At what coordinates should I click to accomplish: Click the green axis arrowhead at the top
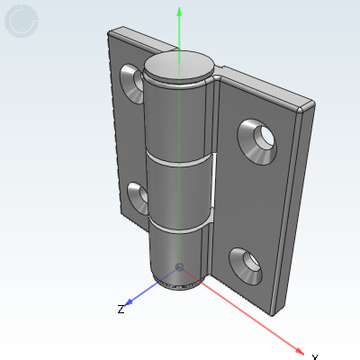pos(180,13)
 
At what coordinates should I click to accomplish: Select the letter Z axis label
pos(120,310)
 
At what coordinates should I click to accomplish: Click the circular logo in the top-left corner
pos(22,22)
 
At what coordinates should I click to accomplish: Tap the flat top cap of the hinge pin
pos(180,67)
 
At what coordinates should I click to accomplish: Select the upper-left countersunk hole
pos(131,84)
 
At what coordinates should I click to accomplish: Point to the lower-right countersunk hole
pos(247,265)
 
